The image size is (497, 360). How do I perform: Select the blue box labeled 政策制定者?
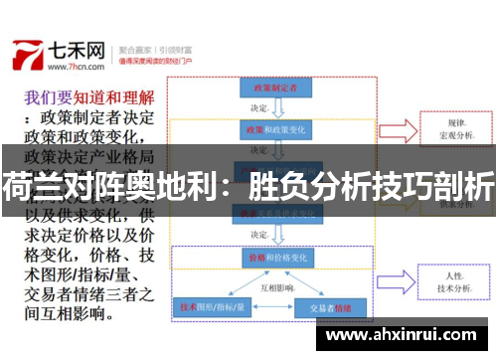pos(271,89)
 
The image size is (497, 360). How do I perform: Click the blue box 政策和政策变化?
pos(270,130)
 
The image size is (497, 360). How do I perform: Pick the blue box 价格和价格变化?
pos(270,257)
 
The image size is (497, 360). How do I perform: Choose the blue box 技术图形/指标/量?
pos(210,307)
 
